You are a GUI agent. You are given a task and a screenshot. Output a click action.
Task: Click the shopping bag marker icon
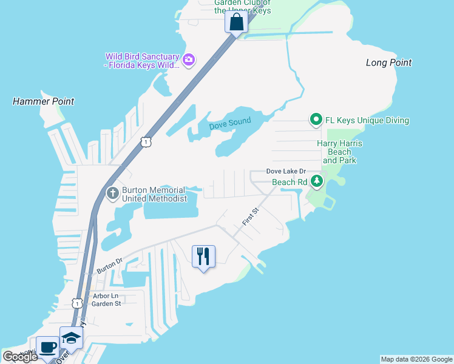click(x=236, y=22)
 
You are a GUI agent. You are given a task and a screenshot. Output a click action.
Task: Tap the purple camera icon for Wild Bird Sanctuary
click(x=188, y=59)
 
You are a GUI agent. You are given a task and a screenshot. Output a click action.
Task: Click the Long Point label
click(x=388, y=62)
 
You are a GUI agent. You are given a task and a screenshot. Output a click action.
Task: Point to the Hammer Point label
click(x=44, y=101)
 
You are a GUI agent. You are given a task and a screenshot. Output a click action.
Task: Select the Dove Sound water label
click(x=230, y=125)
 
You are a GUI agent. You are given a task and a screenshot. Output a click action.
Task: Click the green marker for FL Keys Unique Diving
click(x=316, y=120)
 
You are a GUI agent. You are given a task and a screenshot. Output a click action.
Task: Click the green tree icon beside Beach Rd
click(x=316, y=181)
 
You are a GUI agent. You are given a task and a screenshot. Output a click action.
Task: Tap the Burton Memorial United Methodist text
click(x=154, y=194)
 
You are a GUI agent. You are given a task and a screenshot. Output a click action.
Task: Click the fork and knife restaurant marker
click(x=203, y=255)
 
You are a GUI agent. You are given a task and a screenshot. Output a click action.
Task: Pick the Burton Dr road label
click(x=109, y=265)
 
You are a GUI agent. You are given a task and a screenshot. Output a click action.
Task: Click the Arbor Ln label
click(x=104, y=296)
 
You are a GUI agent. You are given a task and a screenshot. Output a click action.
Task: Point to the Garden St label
click(x=107, y=303)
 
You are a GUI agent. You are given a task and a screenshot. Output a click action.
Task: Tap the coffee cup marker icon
click(x=47, y=348)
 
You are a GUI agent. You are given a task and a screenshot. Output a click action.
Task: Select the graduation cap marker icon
click(x=71, y=338)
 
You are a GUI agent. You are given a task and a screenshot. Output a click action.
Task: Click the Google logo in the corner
click(x=20, y=357)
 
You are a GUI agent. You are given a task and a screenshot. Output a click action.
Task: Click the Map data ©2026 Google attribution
click(x=416, y=359)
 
